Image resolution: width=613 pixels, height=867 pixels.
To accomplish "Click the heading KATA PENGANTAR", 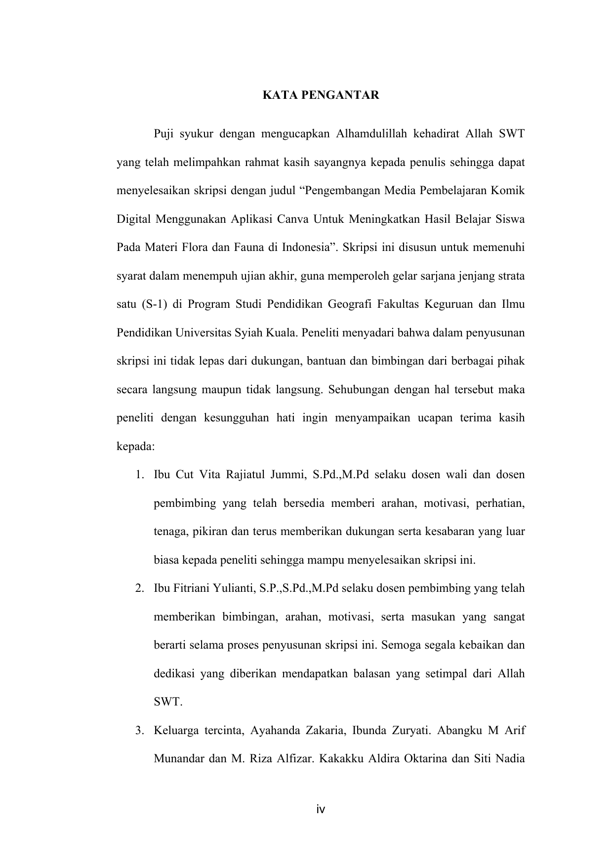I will (x=321, y=95).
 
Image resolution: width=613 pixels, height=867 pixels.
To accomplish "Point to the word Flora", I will (x=195, y=247).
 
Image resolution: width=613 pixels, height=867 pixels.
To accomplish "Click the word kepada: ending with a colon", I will (x=135, y=446).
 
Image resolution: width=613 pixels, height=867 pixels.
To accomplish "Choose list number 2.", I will (x=140, y=588).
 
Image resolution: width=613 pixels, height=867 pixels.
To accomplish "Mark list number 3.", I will (x=140, y=730).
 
